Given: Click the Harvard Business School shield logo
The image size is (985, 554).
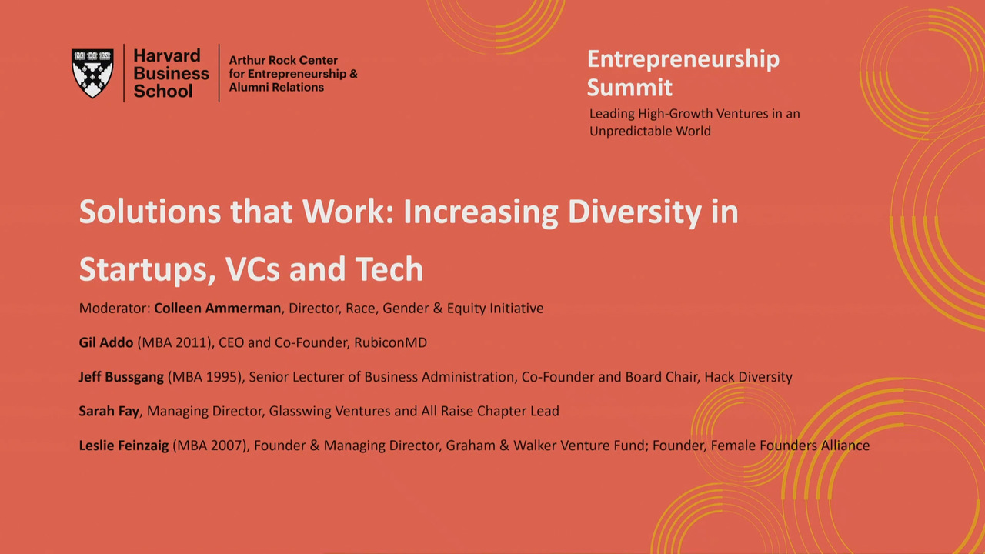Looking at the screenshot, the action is click(92, 73).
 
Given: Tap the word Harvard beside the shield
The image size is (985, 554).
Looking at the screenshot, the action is click(167, 56).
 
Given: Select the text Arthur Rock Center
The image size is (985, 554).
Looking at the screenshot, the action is click(283, 60).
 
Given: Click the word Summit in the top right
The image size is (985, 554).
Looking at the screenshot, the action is click(629, 87).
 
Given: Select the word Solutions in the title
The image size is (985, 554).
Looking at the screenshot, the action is click(149, 212).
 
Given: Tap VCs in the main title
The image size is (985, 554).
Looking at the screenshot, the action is click(252, 269).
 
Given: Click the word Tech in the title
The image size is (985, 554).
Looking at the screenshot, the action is click(389, 269).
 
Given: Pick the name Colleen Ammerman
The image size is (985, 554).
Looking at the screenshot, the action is click(217, 309).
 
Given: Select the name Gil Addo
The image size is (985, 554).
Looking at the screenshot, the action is click(106, 342).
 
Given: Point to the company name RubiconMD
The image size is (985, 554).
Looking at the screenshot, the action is click(390, 342).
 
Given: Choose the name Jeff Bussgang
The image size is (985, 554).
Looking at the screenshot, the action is click(122, 377).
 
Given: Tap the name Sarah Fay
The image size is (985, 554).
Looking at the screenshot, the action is click(109, 411).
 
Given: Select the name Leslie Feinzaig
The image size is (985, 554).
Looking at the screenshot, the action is click(124, 446).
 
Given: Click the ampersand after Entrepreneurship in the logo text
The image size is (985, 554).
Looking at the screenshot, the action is click(353, 74).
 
